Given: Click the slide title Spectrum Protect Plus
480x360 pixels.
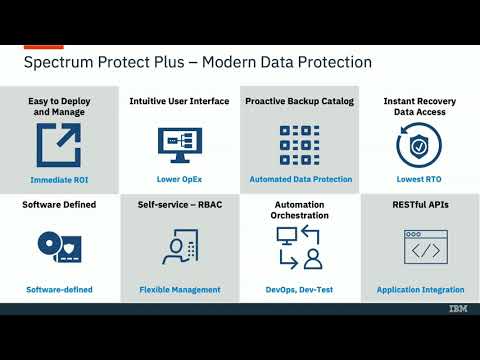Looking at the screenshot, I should (197, 62).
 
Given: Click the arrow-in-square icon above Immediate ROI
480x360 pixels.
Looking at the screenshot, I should (60, 145).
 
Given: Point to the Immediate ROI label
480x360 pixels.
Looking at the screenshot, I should (60, 180).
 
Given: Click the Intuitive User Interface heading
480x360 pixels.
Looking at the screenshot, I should (180, 101).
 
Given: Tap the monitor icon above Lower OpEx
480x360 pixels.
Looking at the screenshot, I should (180, 143).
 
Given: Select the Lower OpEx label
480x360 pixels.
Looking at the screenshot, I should (180, 180).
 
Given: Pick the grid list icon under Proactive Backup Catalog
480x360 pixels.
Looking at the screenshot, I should (300, 144).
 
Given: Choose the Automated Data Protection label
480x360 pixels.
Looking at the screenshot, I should (301, 180).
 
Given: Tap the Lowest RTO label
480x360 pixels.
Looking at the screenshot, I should (420, 180).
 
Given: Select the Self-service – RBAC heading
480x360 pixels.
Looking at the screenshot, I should (180, 205).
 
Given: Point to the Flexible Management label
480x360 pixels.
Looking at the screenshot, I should (180, 290).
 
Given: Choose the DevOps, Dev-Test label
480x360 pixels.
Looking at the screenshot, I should (300, 290).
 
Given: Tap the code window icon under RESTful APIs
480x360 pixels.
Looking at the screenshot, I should (420, 247).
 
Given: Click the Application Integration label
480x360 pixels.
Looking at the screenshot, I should (420, 290).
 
